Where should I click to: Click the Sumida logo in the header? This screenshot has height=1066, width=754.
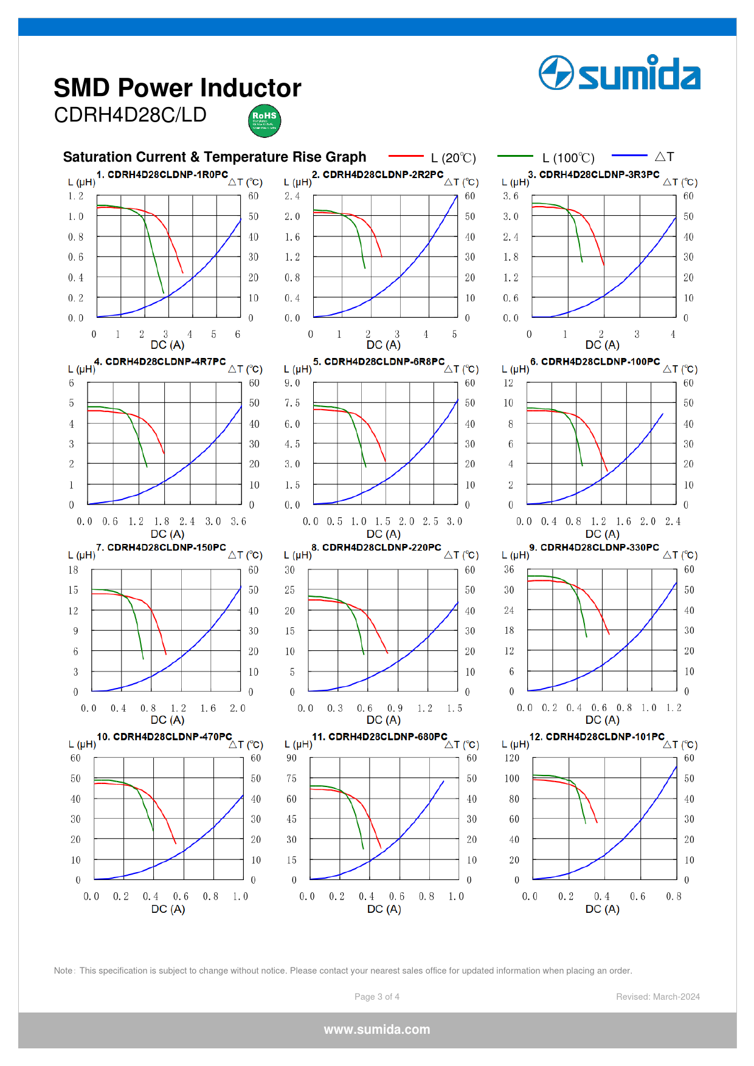[619, 73]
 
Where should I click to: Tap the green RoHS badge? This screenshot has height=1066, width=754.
[265, 120]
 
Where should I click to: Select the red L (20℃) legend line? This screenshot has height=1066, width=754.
[406, 156]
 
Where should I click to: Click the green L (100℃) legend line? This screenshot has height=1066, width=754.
[515, 156]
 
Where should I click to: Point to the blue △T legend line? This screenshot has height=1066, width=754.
[629, 156]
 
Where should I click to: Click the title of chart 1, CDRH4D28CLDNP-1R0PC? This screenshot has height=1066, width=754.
[162, 174]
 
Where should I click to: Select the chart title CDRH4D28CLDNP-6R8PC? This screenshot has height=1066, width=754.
[379, 362]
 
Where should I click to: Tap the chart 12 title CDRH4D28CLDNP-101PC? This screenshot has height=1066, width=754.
[597, 737]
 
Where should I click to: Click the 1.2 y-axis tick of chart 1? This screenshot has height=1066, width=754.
[76, 196]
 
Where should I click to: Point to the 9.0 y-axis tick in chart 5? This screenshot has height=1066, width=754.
[292, 383]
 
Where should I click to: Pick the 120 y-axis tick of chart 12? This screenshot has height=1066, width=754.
[512, 758]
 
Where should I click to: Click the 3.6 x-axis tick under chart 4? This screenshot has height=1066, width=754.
[238, 521]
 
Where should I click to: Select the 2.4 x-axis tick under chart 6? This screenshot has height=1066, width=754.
[673, 521]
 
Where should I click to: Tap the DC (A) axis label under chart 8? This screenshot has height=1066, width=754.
[384, 720]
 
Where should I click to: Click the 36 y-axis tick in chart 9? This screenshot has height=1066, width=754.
[509, 569]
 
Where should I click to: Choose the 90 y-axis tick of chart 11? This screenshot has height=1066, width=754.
[292, 758]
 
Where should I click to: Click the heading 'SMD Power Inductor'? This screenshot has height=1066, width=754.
[178, 88]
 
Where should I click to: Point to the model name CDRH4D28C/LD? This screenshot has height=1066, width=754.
[130, 115]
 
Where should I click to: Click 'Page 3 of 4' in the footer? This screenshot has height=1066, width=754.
[377, 997]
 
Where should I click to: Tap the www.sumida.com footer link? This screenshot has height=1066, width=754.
[377, 1030]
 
